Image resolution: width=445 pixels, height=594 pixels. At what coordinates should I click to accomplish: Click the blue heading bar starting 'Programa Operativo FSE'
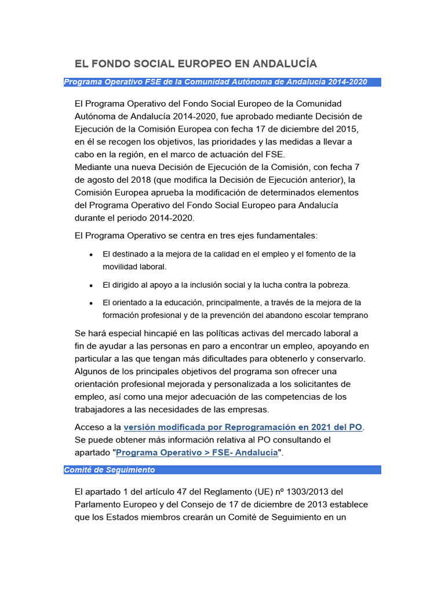pyautogui.click(x=222, y=82)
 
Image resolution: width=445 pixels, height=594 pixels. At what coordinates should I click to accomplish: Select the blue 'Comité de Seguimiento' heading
pyautogui.click(x=222, y=470)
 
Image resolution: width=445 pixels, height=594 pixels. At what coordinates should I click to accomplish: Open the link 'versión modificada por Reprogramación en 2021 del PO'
pyautogui.click(x=243, y=428)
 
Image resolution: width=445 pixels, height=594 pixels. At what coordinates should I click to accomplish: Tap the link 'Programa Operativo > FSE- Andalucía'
pyautogui.click(x=197, y=453)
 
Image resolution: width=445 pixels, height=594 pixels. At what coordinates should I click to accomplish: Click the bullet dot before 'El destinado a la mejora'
pyautogui.click(x=92, y=255)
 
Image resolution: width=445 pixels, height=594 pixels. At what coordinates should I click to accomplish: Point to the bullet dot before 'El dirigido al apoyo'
pyautogui.click(x=92, y=285)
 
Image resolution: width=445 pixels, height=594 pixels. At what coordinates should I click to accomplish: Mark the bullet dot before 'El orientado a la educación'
pyautogui.click(x=92, y=303)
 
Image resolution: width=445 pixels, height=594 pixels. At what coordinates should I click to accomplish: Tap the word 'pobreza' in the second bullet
pyautogui.click(x=333, y=285)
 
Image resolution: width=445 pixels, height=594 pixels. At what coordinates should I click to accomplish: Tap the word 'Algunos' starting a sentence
pyautogui.click(x=93, y=371)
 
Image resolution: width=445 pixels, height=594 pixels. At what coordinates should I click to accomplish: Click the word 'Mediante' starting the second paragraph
pyautogui.click(x=94, y=166)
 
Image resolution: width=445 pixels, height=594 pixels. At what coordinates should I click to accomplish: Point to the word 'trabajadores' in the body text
pyautogui.click(x=103, y=410)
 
